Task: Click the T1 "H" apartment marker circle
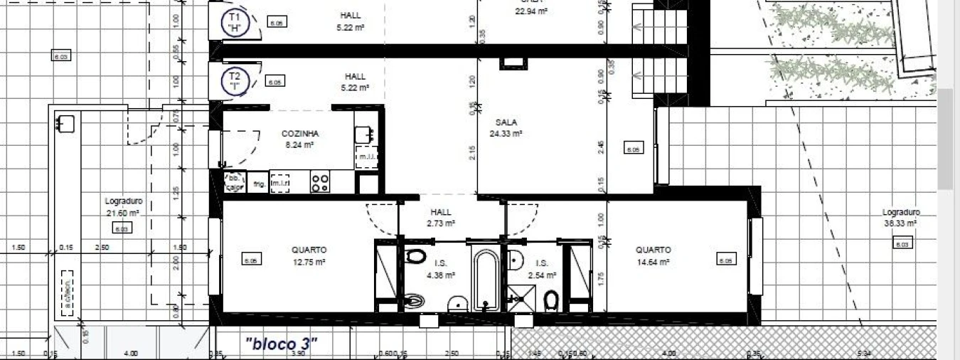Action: coord(233,22)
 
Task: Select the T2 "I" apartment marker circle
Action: coord(235,82)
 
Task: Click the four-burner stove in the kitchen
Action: coord(320,183)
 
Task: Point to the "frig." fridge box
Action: coord(259,184)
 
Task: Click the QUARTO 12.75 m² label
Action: coord(309,255)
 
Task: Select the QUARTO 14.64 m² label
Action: coord(653,255)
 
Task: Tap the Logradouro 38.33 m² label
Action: coord(901,217)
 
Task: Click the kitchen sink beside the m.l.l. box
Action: coord(366,134)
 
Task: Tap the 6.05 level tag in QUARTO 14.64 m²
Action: coord(725,261)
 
